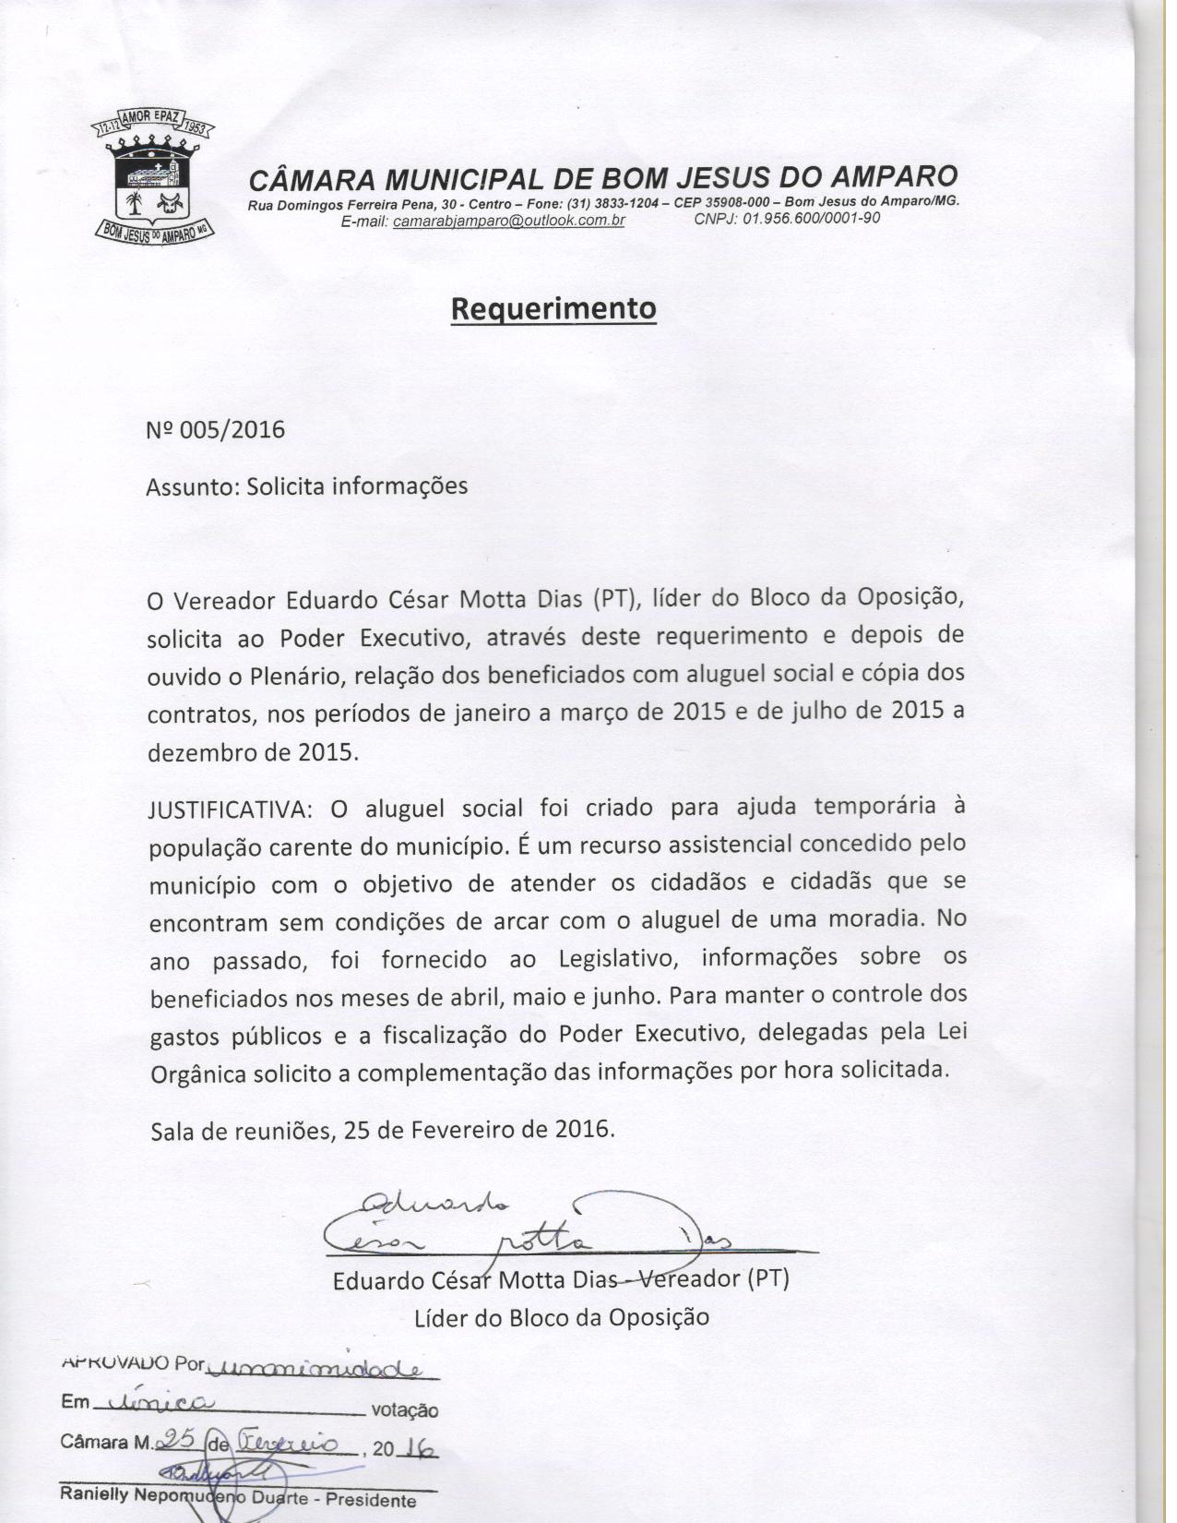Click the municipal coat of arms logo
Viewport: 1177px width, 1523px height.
click(x=154, y=181)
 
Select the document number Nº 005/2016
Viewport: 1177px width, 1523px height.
click(x=216, y=430)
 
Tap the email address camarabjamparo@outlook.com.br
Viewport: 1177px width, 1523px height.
click(x=509, y=222)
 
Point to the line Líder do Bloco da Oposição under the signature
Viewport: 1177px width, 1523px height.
click(x=561, y=1317)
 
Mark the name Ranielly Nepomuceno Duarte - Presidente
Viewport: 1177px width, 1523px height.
click(x=238, y=1494)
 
